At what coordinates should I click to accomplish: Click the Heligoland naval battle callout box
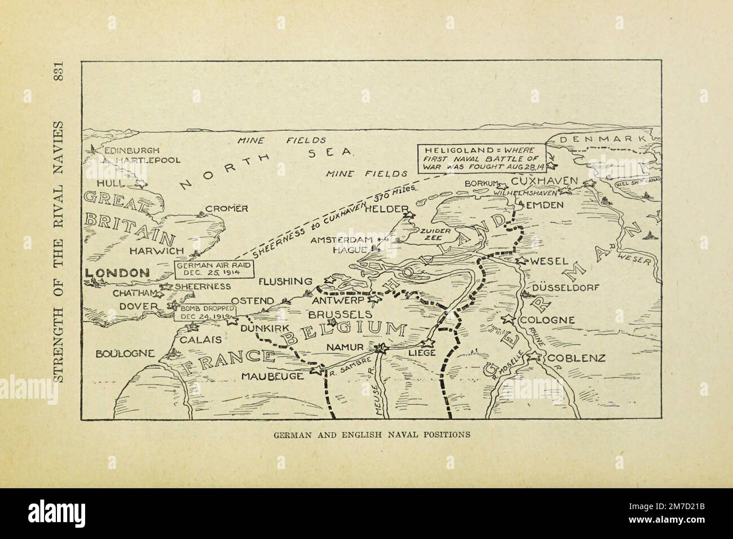tap(483, 159)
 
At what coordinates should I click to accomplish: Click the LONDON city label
tap(117, 273)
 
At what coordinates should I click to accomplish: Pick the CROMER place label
tap(227, 209)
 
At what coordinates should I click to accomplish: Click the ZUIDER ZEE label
tap(433, 235)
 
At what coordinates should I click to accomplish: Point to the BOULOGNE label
tap(125, 354)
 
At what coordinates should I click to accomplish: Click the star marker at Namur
tap(382, 348)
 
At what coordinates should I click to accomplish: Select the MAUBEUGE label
tap(273, 375)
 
